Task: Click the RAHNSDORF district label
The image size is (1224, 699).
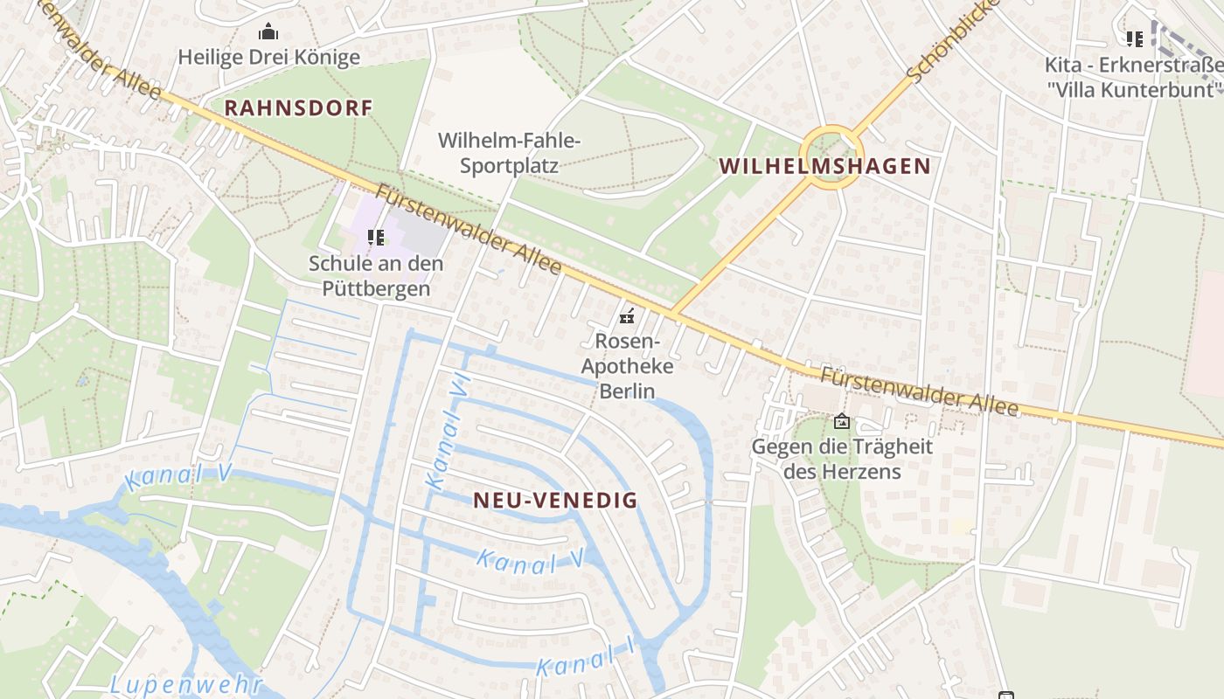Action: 298,108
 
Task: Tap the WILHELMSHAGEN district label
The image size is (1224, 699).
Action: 824,166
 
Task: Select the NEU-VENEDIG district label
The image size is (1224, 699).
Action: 555,501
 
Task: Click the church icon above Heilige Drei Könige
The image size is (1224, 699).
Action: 268,32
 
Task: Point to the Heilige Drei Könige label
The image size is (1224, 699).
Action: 268,58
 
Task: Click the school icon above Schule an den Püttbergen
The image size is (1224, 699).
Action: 376,237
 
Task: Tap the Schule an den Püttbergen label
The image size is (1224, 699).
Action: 376,275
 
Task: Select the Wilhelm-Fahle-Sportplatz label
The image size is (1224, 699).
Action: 510,152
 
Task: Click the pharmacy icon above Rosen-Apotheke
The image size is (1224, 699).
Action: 627,316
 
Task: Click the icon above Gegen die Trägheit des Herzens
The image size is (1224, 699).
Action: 842,421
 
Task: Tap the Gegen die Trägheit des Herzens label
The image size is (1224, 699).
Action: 842,459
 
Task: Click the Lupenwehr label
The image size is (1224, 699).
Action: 186,684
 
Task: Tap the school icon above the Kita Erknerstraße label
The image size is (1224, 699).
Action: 1134,38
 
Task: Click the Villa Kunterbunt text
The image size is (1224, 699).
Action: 1134,88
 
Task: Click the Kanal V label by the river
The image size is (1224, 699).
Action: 177,477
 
